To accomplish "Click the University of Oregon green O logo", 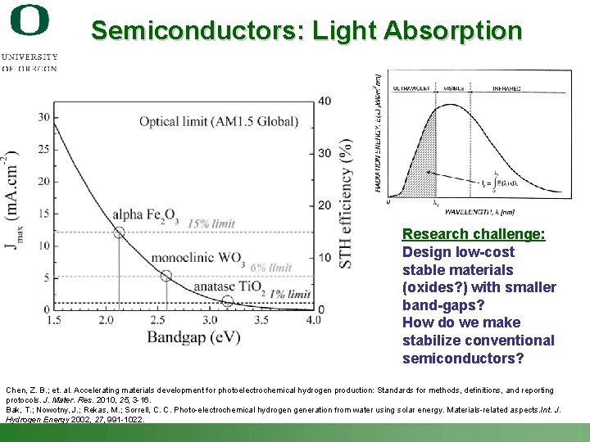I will [x=29, y=20].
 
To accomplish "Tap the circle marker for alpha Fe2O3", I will [x=118, y=232].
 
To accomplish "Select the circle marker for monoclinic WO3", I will [x=166, y=276].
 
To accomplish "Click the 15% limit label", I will [x=211, y=223].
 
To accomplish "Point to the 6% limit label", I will [x=270, y=268].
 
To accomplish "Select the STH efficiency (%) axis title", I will [x=347, y=205].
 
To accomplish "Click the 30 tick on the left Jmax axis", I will [x=43, y=116].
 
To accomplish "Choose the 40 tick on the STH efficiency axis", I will [x=325, y=101].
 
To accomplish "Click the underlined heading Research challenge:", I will [x=474, y=234].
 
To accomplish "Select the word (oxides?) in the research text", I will [x=435, y=287].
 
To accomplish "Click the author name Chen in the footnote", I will [x=16, y=390].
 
